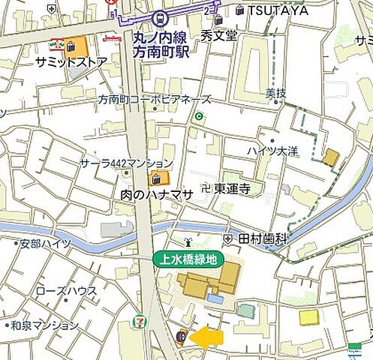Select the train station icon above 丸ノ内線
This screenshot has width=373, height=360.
tap(159, 19)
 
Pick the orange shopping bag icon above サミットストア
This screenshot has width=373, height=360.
tap(71, 46)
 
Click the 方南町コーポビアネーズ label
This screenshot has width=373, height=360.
tap(155, 99)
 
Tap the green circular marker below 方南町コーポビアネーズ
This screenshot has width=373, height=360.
tap(199, 116)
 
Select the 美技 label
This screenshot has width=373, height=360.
tap(275, 92)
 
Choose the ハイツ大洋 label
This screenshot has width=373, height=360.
tap(271, 151)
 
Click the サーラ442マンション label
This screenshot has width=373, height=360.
tap(127, 163)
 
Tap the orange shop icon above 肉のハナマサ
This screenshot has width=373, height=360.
tap(156, 178)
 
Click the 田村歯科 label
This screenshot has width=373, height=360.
tap(263, 237)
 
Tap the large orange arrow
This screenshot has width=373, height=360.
tap(206, 337)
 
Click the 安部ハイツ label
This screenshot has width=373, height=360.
tap(45, 243)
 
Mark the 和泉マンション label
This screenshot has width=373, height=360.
tap(44, 325)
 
